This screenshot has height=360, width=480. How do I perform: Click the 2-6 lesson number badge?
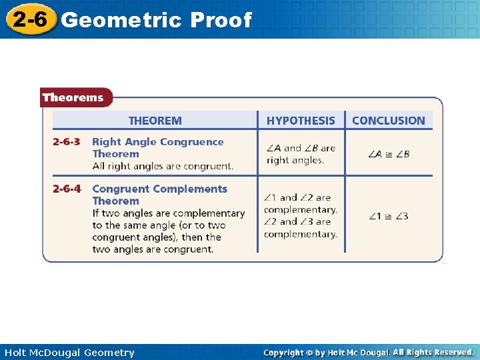click(x=28, y=19)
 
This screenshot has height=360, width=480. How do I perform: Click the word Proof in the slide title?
click(x=221, y=21)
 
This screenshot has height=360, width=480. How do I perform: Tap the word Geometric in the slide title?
click(x=121, y=21)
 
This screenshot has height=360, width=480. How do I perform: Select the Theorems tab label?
click(x=73, y=98)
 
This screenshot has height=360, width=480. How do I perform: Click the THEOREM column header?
click(x=155, y=121)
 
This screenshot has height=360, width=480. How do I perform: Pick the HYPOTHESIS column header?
click(x=301, y=121)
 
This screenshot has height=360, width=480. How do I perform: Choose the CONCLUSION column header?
click(x=388, y=121)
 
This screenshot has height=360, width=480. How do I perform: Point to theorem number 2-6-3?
click(x=67, y=142)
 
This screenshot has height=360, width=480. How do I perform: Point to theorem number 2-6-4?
click(x=67, y=189)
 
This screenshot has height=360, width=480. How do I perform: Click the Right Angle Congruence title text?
click(x=158, y=142)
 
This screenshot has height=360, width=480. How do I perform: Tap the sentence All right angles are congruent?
click(x=163, y=166)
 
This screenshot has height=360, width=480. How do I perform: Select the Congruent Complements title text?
click(x=160, y=189)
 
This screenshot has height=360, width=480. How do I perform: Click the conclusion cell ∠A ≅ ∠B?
click(x=389, y=154)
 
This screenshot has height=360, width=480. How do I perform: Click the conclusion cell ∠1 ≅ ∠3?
click(x=389, y=216)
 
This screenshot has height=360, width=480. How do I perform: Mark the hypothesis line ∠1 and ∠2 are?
click(x=297, y=198)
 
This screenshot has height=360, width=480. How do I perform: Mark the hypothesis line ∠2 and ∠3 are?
click(x=297, y=222)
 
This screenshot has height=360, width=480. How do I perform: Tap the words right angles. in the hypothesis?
click(x=295, y=161)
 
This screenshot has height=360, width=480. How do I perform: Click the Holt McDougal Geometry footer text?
click(x=69, y=353)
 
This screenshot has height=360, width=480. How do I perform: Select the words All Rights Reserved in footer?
click(x=433, y=352)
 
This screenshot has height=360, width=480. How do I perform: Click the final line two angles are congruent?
click(x=153, y=249)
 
